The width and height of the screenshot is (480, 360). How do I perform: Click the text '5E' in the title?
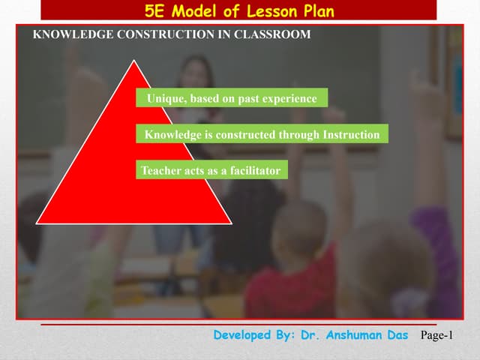click(155, 10)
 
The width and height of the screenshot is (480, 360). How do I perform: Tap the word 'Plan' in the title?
click(318, 10)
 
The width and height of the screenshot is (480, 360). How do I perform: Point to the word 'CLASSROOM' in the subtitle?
click(272, 34)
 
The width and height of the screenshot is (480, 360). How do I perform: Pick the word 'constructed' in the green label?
click(245, 135)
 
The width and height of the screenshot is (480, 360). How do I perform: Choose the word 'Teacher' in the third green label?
click(161, 171)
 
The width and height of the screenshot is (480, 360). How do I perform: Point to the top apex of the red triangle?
click(134, 61)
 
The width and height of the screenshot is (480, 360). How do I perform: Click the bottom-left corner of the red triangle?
click(37, 223)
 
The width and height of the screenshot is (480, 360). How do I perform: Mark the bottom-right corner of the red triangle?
click(230, 223)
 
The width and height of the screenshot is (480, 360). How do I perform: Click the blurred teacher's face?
click(197, 75)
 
